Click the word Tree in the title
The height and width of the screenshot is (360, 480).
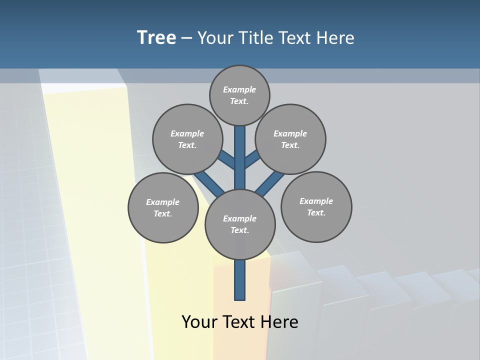156,37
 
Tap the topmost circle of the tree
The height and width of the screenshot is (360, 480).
239,95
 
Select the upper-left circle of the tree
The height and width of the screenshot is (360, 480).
187,139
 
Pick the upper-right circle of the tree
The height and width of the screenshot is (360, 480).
290,139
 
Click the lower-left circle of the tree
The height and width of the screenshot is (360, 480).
163,207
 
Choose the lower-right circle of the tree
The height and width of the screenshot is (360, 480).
316,206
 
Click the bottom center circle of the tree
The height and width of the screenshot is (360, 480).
240,224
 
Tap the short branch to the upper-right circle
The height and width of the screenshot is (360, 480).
252,159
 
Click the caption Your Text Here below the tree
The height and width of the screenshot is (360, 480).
240,321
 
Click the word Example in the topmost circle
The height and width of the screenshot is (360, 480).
239,89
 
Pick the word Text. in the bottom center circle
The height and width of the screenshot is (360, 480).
239,230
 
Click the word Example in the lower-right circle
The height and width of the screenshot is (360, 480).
316,201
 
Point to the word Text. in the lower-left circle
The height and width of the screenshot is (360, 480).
162,214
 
